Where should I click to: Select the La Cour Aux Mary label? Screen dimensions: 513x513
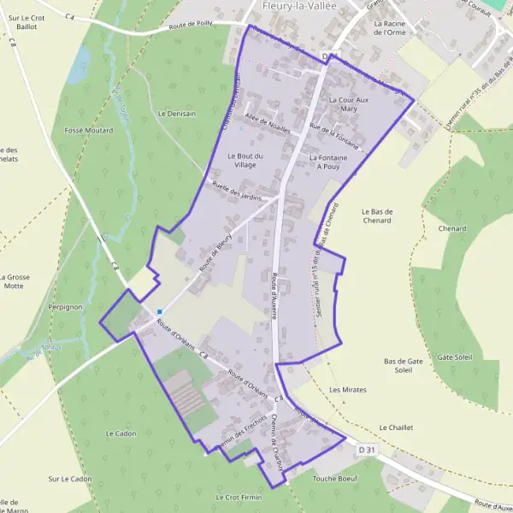[x=348, y=104]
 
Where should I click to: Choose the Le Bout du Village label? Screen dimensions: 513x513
[x=245, y=161]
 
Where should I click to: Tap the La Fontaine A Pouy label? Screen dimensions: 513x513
[x=328, y=162]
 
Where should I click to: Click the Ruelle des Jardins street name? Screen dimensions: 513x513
[x=237, y=192]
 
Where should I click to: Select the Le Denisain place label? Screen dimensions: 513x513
[x=177, y=113]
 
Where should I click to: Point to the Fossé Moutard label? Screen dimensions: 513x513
[x=89, y=130]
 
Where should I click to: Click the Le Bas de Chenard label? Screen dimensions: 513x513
[x=376, y=215]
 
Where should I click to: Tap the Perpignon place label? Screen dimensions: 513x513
[x=65, y=305]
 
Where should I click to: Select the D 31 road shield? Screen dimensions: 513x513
[x=367, y=449]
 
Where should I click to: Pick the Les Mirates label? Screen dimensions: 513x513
[x=347, y=390]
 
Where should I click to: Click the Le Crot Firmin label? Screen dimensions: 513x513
[x=239, y=497]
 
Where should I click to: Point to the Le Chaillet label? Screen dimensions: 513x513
[x=396, y=427]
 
